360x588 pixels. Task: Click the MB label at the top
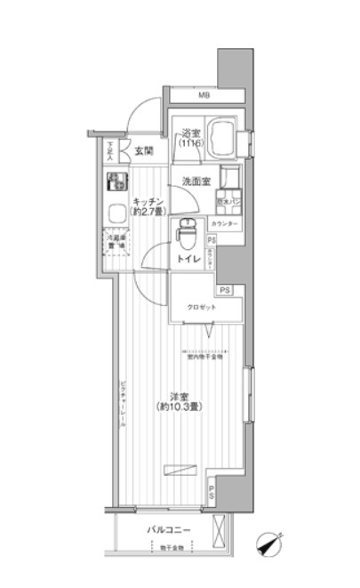(203, 95)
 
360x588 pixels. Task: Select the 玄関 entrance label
(145, 151)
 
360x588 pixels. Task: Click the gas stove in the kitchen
(116, 185)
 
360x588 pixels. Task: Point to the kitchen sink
(116, 213)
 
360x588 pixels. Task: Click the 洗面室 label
(196, 181)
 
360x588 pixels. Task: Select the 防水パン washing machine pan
(228, 201)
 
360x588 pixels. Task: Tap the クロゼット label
(200, 306)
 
